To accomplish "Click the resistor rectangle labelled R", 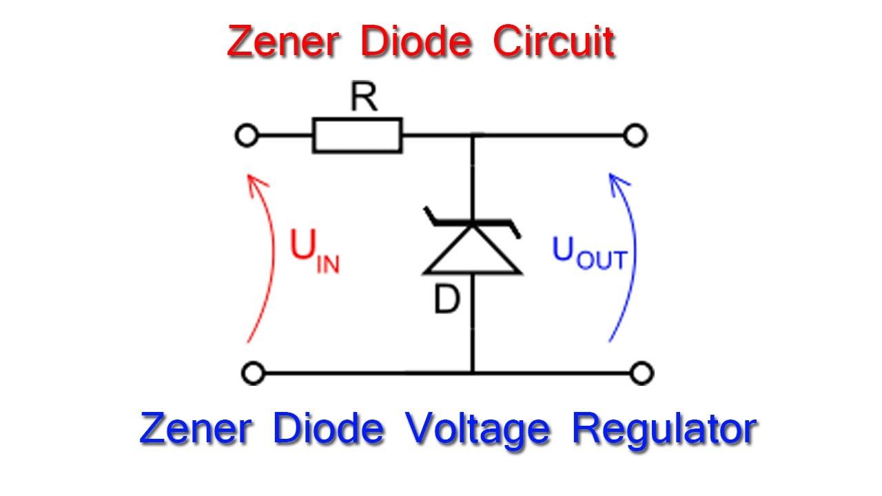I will [357, 135].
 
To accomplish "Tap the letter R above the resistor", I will [364, 99].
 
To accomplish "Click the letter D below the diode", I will [447, 300].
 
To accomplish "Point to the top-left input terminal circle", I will [246, 136].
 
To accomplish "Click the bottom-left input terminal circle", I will [253, 373].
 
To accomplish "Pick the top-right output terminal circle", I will [635, 136].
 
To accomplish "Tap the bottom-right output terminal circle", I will [642, 373].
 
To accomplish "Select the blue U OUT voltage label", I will [589, 253].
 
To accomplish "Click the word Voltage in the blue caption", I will [477, 429].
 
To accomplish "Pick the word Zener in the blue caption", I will [195, 429].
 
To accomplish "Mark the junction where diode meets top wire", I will [473, 136].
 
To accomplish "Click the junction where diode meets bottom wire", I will [473, 373].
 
